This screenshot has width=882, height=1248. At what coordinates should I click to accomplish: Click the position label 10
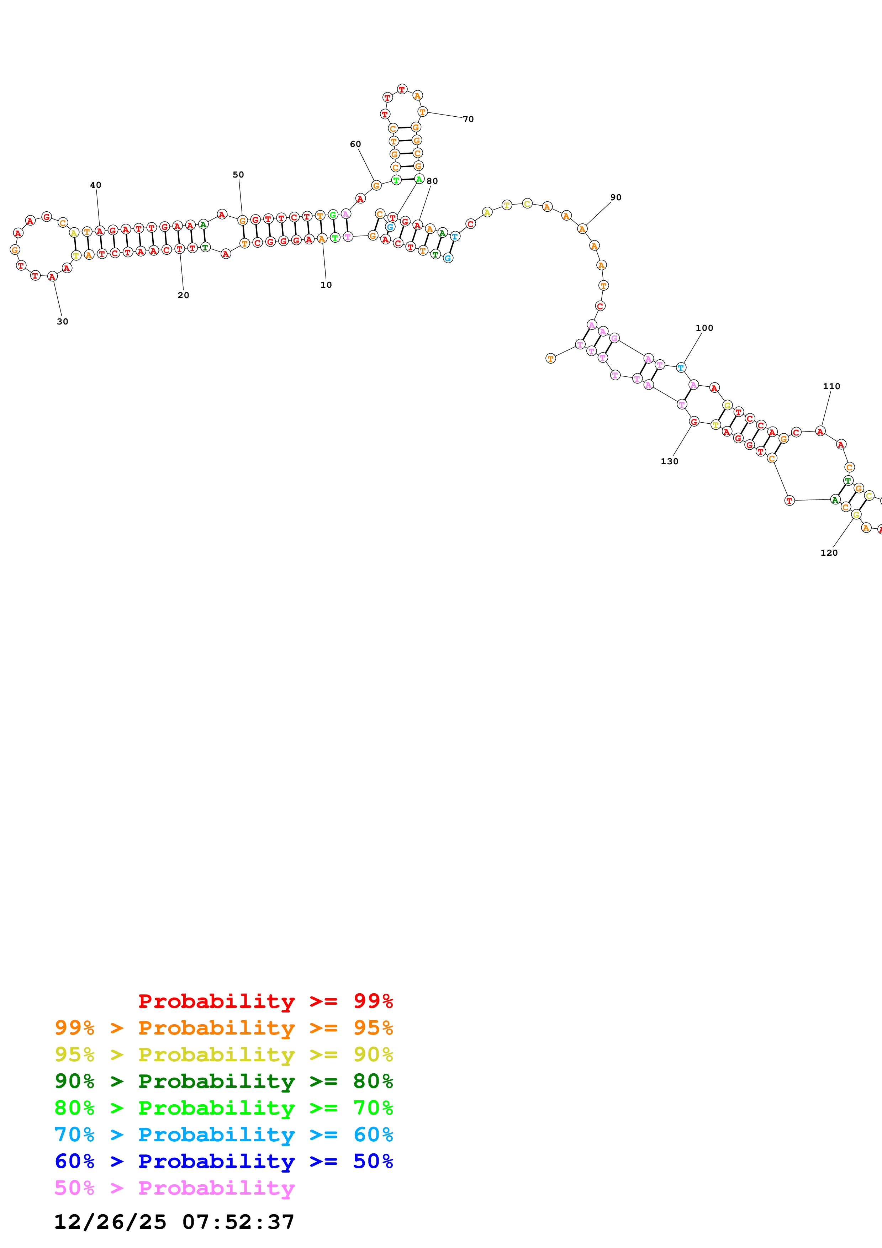point(326,285)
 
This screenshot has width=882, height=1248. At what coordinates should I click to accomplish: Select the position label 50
point(238,174)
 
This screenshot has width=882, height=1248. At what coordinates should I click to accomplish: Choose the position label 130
point(669,461)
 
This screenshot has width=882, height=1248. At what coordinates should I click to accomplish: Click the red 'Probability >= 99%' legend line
point(265,1001)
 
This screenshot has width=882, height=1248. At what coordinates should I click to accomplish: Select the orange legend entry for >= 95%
point(223,1027)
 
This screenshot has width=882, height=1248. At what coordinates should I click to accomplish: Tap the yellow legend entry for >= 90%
point(223,1054)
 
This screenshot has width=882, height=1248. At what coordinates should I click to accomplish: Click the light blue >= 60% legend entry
point(223,1135)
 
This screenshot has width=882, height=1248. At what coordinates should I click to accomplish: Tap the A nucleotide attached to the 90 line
point(582,229)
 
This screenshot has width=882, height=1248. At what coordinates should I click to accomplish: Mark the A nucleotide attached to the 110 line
point(820,431)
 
